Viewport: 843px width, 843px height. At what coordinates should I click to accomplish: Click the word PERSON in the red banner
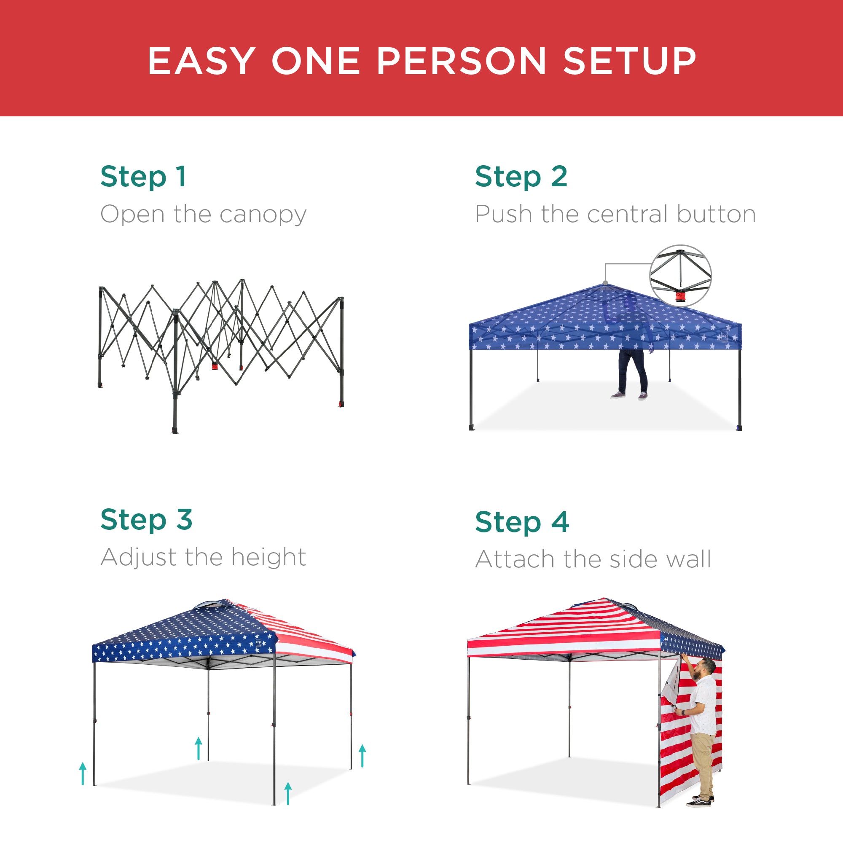point(461,61)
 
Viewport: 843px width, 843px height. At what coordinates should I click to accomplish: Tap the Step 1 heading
point(144,177)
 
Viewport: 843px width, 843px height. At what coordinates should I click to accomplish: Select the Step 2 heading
point(521,177)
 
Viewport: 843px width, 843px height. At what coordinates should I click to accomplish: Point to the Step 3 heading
point(146,519)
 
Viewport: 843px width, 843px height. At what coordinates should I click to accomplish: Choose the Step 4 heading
point(522,522)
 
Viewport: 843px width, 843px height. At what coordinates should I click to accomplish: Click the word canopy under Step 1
point(263,215)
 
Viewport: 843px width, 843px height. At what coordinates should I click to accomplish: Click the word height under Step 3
point(268,557)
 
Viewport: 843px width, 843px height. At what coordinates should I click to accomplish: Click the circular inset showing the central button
point(680,275)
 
